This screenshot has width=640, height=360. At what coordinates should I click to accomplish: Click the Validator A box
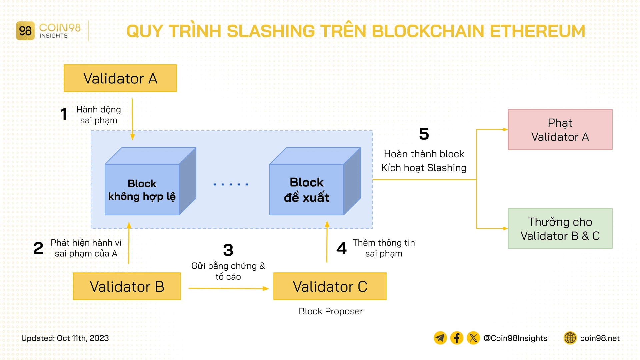coord(120,78)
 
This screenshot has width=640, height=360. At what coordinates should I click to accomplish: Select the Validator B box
coord(127,286)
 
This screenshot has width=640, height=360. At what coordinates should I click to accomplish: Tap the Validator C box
coord(330,286)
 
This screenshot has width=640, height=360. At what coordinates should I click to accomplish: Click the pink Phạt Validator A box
coord(560,130)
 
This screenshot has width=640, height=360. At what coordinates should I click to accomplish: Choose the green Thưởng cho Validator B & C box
coord(560,229)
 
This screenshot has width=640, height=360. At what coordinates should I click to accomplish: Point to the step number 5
coord(424,134)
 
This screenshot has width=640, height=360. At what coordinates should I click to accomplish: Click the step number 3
coord(228,250)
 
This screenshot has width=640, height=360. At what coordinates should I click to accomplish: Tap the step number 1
coord(64,114)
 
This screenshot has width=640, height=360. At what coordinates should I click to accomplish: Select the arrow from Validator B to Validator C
coord(228,288)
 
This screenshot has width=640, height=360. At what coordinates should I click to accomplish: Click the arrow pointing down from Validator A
coord(132,118)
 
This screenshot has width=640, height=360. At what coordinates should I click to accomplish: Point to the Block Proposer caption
coord(331,311)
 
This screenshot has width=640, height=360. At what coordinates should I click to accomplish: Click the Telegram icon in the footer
coord(440,338)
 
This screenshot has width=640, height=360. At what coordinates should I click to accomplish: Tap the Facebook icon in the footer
coord(457,338)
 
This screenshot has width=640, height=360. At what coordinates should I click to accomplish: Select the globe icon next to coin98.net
coord(570,338)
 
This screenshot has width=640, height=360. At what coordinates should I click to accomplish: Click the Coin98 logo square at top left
coord(25,31)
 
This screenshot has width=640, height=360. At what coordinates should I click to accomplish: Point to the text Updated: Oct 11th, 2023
coord(65,338)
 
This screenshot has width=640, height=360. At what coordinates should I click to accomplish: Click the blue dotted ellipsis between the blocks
coord(231,184)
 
